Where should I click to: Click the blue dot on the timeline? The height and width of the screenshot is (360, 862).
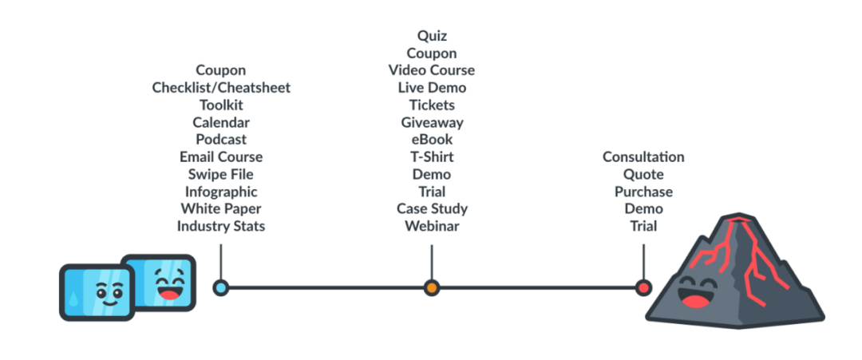pos(220,287)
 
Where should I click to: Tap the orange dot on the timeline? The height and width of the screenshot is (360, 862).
pos(432,287)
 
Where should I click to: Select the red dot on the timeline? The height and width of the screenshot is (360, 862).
pos(643,287)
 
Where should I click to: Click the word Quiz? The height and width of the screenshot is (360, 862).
pos(432,36)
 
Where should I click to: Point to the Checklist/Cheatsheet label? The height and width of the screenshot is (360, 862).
pos(221,87)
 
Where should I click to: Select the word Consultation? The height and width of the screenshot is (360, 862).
pos(643,156)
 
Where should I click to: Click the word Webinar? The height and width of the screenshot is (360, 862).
pos(432,226)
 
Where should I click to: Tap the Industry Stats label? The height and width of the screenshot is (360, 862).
pos(221,226)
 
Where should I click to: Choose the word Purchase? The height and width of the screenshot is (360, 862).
pos(643,192)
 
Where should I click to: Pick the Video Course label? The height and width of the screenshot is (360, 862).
pos(432,69)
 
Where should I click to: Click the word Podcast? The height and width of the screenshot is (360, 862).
pos(221,139)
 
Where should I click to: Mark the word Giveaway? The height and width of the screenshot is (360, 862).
pos(432,122)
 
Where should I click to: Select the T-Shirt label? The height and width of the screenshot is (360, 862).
pos(432,156)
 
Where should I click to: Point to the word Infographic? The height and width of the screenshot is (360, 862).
pos(221,192)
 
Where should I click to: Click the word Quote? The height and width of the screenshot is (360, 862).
pos(643,174)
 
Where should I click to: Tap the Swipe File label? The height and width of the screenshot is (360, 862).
pos(221,174)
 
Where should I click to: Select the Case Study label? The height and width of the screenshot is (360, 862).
pos(432,209)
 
